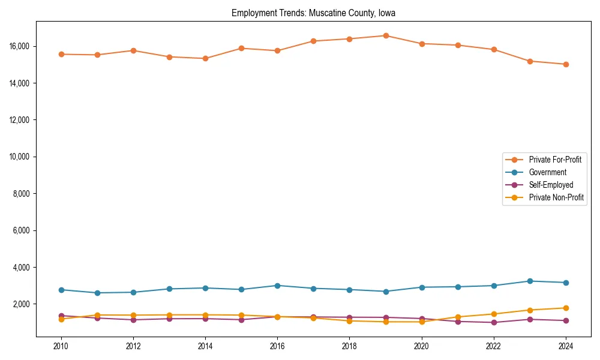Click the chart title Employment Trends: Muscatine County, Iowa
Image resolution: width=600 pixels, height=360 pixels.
[313, 13]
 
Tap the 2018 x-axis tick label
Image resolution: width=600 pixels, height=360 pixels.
[349, 346]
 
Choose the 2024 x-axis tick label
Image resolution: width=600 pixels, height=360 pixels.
[566, 346]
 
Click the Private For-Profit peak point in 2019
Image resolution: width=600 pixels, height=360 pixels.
[386, 35]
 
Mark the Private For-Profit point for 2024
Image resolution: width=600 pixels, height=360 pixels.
[566, 64]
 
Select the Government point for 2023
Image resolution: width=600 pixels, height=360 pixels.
[530, 281]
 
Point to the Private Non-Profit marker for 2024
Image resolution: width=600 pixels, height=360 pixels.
[566, 308]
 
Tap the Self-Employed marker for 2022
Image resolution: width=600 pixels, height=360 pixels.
[494, 322]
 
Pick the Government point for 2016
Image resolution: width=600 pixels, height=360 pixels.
[277, 286]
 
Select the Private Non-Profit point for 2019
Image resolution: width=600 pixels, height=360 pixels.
[386, 322]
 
